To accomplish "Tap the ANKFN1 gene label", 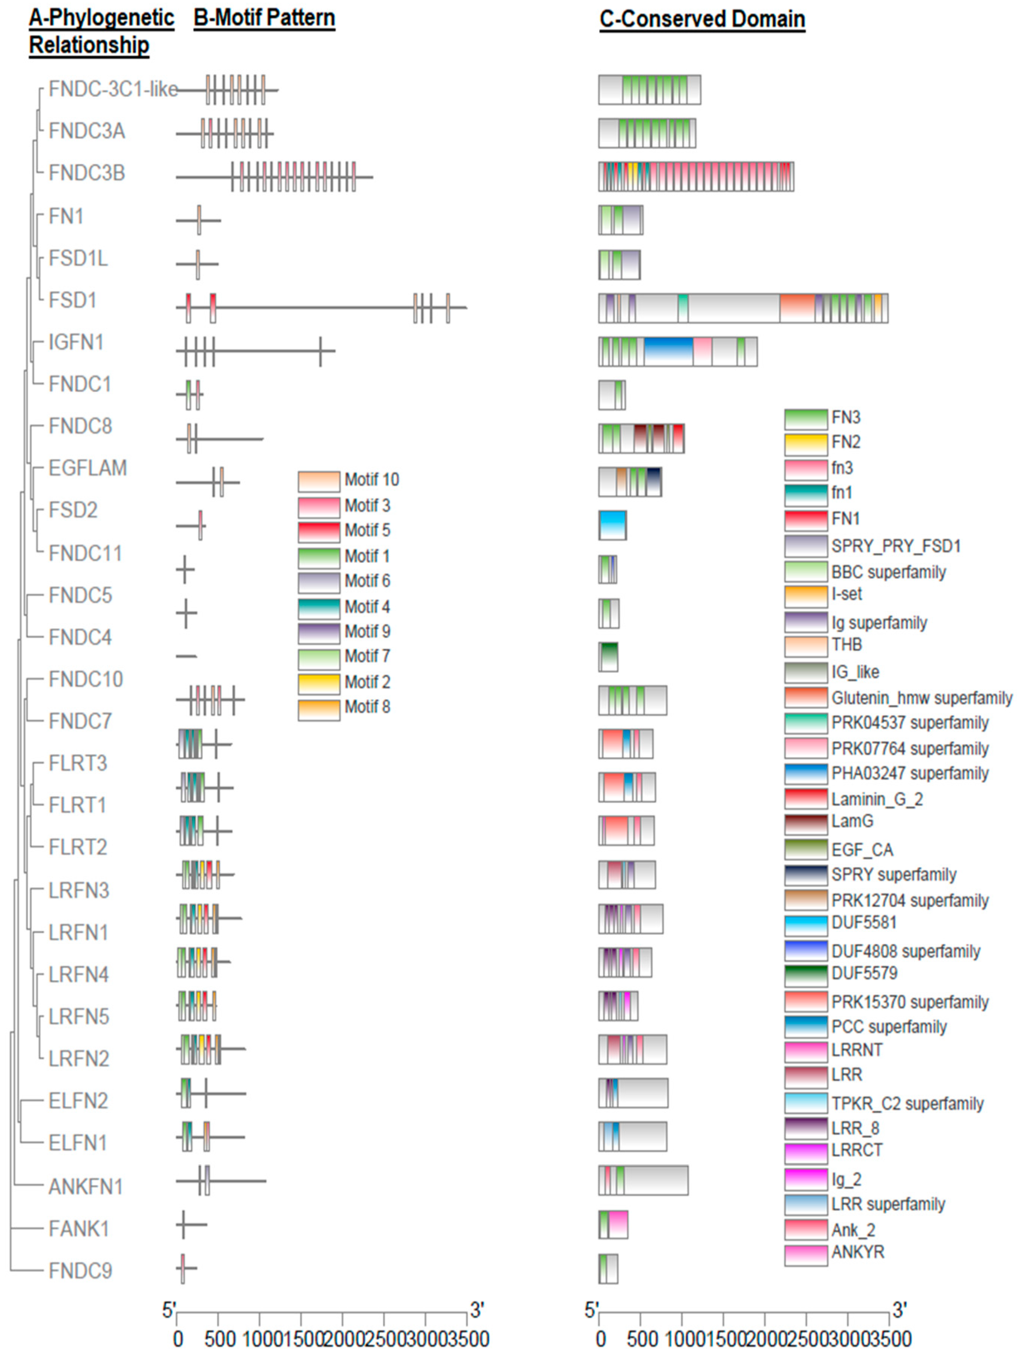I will point(86,1186).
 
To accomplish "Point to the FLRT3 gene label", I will point(78,763).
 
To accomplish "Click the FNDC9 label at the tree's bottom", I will point(81,1270).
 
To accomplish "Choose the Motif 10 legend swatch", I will point(318,481).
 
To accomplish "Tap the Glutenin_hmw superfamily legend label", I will point(921,698).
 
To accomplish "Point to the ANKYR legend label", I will point(857,1252).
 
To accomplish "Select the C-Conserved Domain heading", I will point(702,19).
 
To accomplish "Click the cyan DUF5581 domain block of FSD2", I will point(613,525).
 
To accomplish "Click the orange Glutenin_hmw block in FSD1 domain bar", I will point(797,308).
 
